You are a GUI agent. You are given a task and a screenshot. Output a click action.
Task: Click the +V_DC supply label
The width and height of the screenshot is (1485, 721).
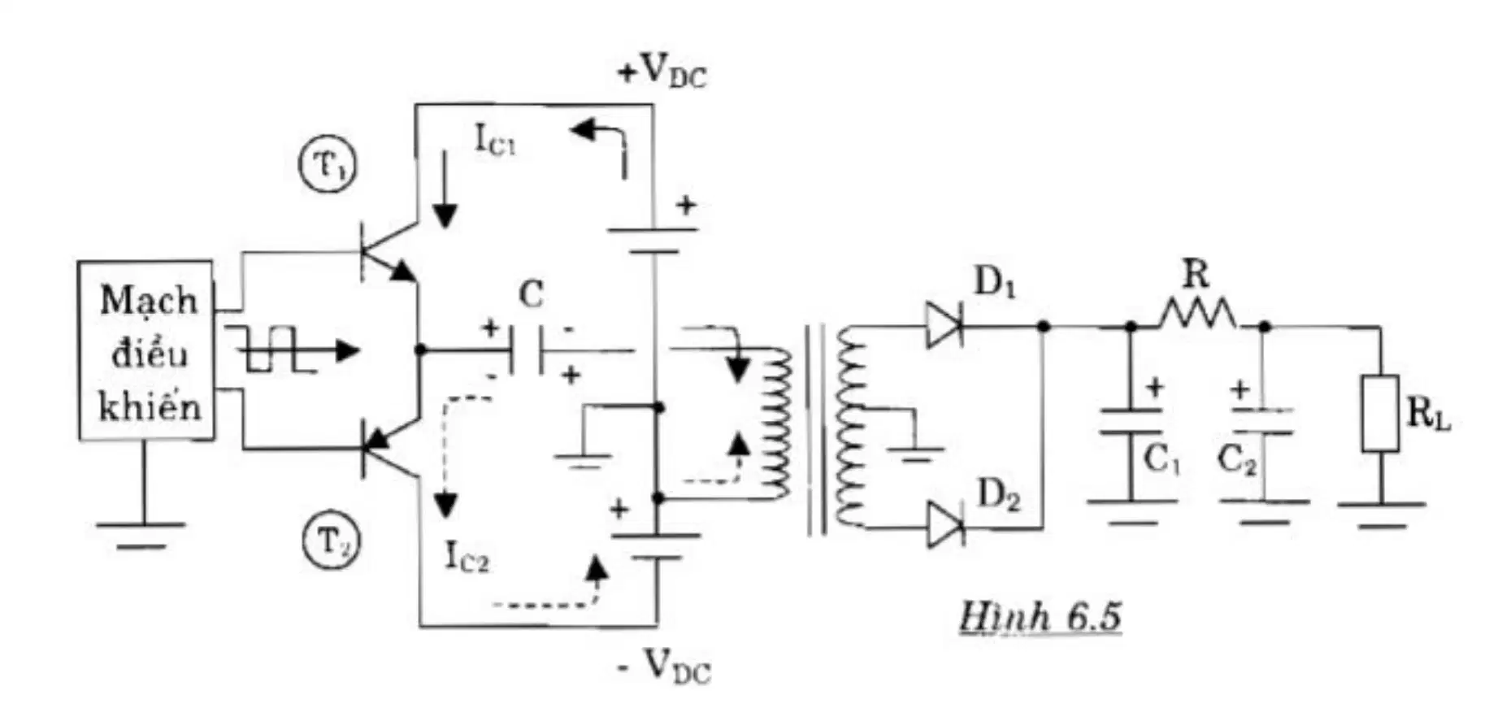point(662,72)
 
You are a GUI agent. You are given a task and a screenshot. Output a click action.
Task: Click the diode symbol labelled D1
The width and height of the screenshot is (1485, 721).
point(944,325)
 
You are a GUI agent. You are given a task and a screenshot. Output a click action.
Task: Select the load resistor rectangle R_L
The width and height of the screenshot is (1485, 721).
point(1380,413)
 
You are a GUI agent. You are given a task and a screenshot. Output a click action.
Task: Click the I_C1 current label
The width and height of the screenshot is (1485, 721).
point(494,140)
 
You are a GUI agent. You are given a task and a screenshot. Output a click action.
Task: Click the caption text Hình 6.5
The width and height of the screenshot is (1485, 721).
point(1041,616)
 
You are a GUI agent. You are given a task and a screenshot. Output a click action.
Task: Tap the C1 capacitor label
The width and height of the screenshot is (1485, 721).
point(1161,461)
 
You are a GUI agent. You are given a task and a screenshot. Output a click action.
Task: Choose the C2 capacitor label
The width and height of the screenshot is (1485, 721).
point(1236,461)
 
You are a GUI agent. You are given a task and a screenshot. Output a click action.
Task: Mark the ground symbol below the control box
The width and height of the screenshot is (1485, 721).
point(141,534)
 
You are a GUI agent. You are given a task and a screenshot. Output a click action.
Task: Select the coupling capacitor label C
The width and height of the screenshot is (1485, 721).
point(531,294)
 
